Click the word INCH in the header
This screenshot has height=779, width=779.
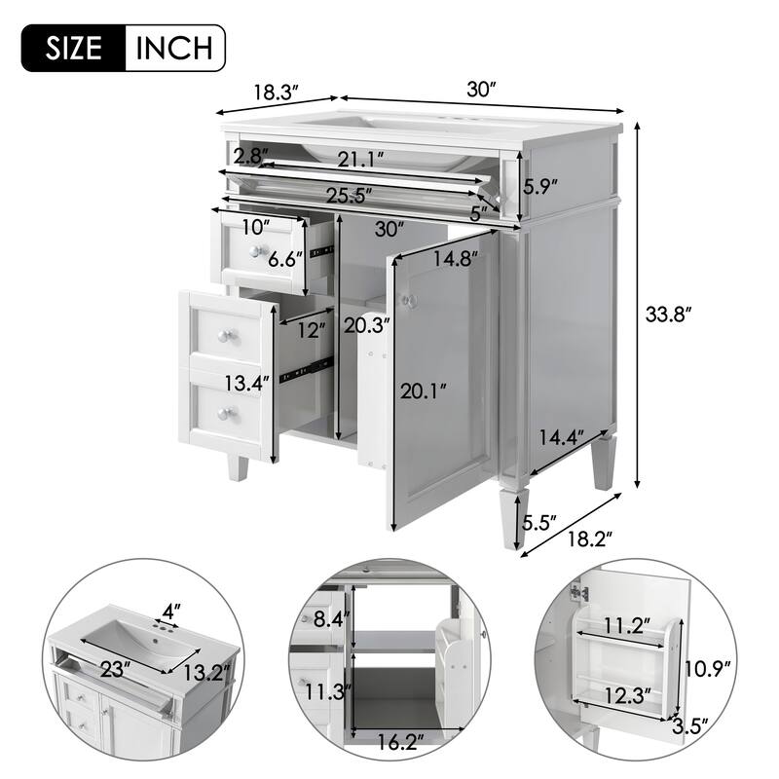[x=175, y=47]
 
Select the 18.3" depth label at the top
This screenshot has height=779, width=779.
[x=276, y=93]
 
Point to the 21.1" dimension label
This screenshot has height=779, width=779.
[x=360, y=158]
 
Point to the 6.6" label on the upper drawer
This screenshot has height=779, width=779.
[x=286, y=259]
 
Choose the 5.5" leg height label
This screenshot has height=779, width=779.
[x=538, y=524]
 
